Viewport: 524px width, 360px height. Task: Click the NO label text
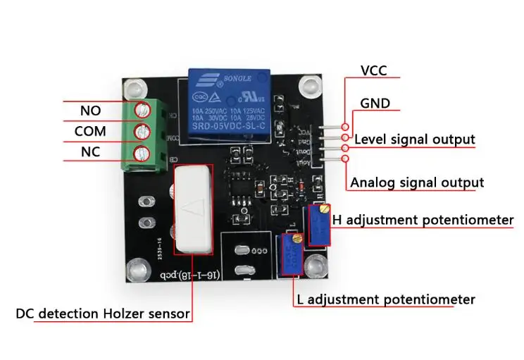point(91,111)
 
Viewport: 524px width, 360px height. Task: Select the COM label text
point(90,132)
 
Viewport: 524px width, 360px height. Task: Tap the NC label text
point(91,151)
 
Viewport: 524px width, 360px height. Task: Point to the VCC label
point(374,71)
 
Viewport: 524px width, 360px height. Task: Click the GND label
point(375,103)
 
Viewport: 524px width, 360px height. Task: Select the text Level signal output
point(414,139)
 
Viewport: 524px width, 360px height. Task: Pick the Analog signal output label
point(417,182)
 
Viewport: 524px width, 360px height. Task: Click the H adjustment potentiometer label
point(423,220)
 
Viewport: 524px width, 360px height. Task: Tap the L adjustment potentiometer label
point(385,299)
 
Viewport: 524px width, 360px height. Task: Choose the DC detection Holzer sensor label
point(104,314)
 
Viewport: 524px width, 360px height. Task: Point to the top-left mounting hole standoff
point(132,88)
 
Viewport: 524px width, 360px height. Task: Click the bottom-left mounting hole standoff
point(136,270)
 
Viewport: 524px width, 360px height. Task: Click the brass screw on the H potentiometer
point(323,209)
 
